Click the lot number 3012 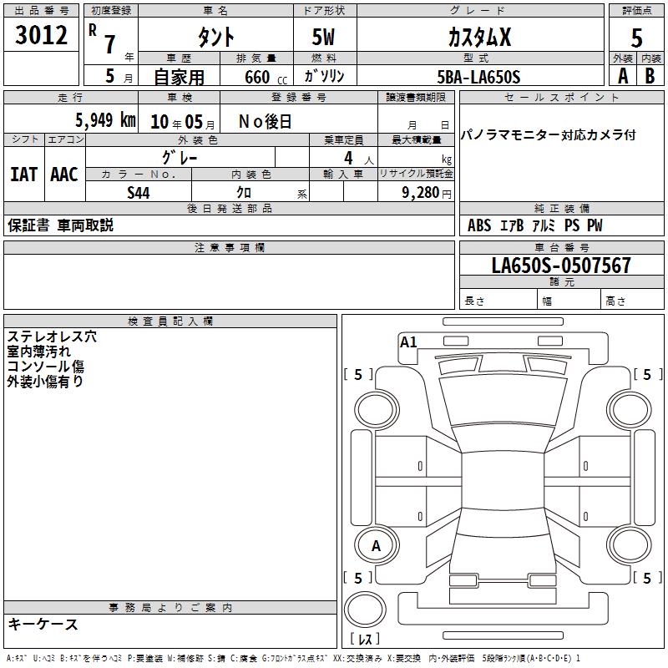click(41, 34)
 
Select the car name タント click(216, 37)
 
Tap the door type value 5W click(323, 37)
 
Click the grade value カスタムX click(479, 37)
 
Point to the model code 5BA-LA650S click(478, 77)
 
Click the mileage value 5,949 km click(105, 120)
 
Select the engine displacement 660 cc click(266, 78)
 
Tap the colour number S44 click(139, 193)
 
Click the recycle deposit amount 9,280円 click(427, 193)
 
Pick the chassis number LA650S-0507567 click(561, 266)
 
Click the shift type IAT click(24, 175)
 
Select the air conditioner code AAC click(64, 175)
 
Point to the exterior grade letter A click(623, 76)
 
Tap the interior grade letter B click(650, 76)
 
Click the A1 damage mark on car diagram click(408, 342)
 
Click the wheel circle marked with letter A click(376, 546)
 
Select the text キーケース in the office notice click(43, 625)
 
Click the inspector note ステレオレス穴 click(52, 337)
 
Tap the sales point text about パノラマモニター click(549, 135)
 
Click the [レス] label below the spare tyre click(365, 639)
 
